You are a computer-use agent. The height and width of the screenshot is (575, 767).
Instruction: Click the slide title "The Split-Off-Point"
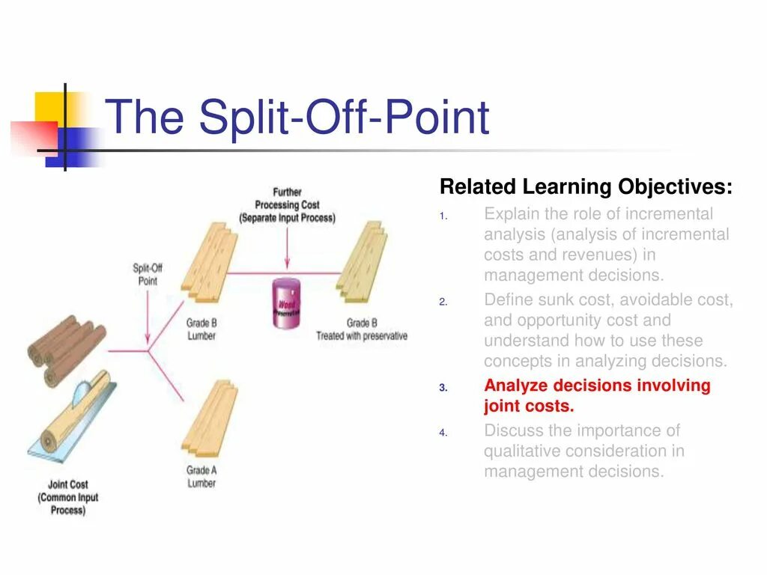[x=297, y=118]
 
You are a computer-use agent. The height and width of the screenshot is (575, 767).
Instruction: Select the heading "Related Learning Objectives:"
[x=586, y=186]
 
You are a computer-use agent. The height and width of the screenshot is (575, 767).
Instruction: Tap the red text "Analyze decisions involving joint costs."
[x=597, y=396]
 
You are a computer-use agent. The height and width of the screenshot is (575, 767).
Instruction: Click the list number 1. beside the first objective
[x=443, y=217]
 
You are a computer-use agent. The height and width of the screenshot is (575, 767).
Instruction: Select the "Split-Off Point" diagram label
[x=148, y=273]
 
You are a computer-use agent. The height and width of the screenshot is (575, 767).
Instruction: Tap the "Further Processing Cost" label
[x=287, y=205]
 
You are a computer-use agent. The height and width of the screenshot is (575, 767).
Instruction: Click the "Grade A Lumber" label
[x=201, y=476]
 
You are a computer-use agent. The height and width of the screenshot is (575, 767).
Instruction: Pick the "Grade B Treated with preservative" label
[x=362, y=329]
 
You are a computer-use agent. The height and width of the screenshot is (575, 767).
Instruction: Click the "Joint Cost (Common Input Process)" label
[x=68, y=497]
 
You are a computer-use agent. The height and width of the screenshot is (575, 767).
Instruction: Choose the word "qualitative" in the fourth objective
[x=521, y=451]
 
